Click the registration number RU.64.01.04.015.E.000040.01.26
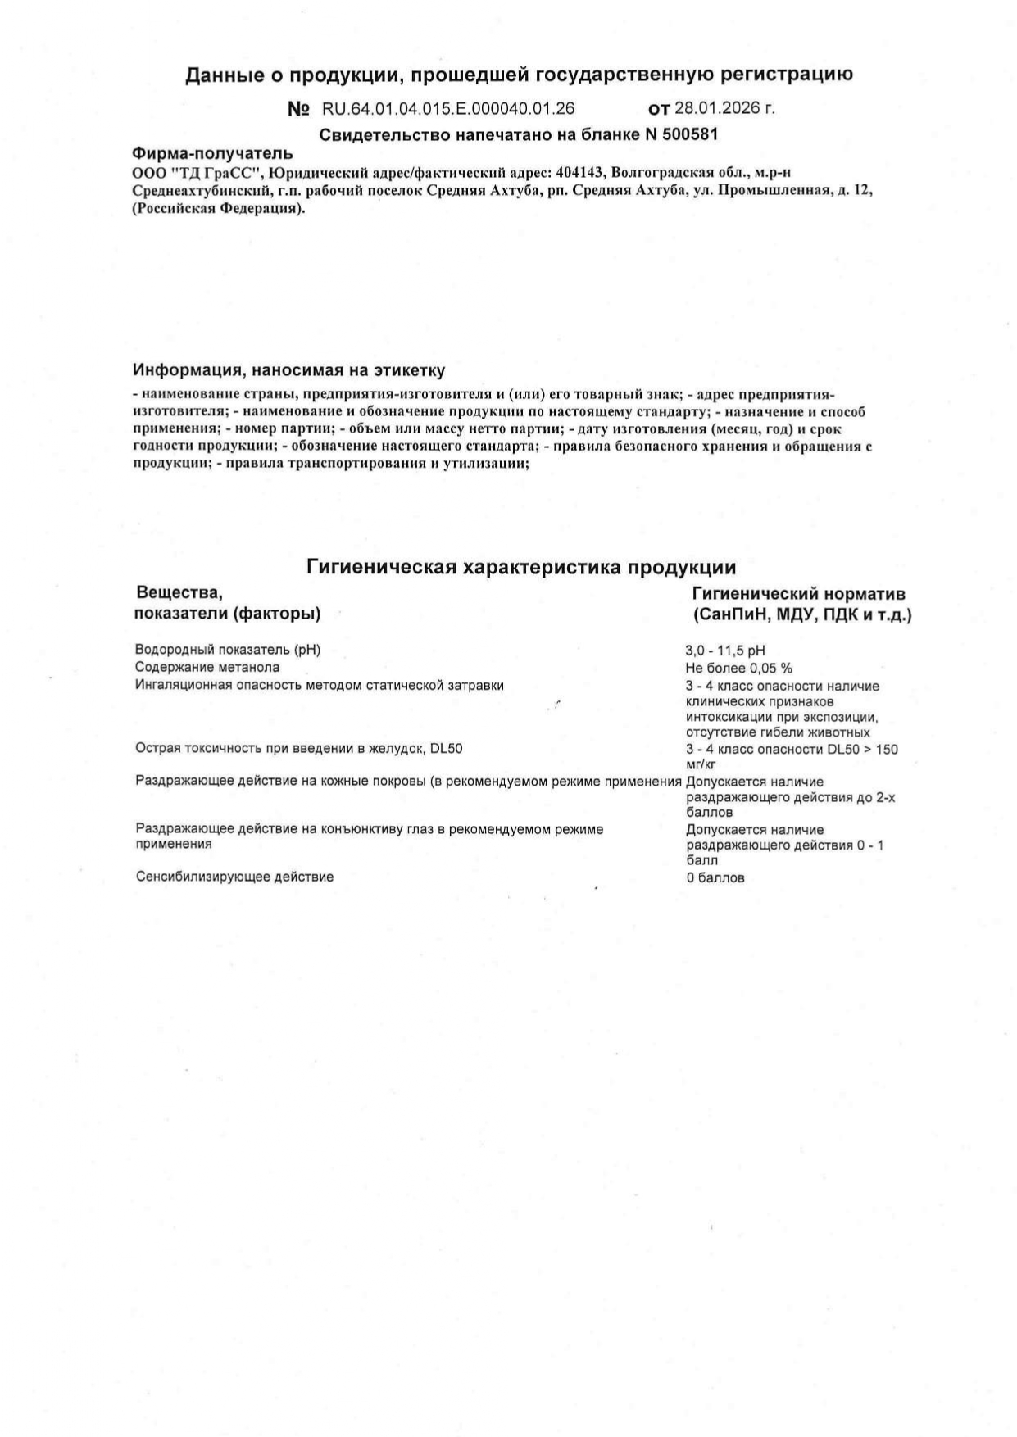[448, 108]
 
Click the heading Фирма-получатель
[212, 153]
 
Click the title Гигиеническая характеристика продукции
[521, 567]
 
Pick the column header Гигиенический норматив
[799, 594]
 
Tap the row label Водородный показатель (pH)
[228, 650]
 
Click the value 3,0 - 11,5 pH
[725, 651]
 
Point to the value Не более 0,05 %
[738, 668]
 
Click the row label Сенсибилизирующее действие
[234, 877]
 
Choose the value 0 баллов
[715, 877]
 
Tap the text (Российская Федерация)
[218, 208]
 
